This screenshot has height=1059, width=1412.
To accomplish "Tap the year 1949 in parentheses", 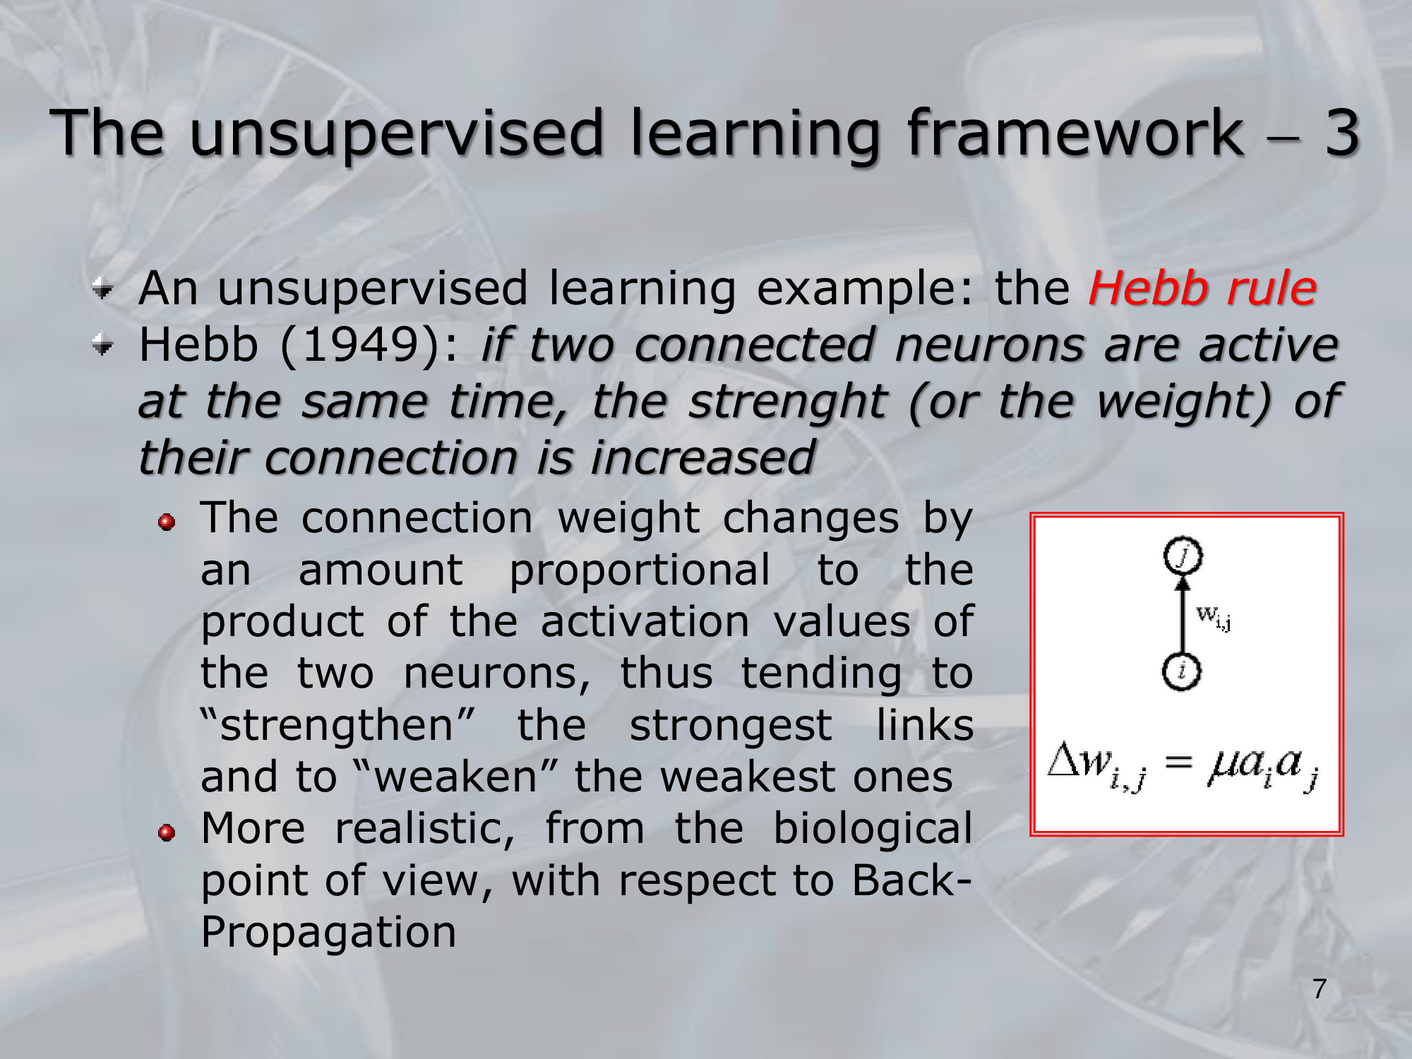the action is pyautogui.click(x=361, y=345).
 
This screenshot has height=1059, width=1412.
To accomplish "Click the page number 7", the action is pyautogui.click(x=1320, y=989).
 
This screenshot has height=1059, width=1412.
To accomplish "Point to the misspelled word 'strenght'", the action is pyautogui.click(x=787, y=402).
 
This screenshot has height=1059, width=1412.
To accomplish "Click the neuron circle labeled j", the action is pyautogui.click(x=1183, y=556).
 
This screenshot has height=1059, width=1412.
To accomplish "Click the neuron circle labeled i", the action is pyautogui.click(x=1182, y=671).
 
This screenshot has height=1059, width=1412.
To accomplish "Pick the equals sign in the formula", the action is pyautogui.click(x=1178, y=762).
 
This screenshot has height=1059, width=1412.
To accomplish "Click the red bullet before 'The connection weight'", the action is pyautogui.click(x=167, y=522).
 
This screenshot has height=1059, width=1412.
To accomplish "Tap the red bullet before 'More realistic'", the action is pyautogui.click(x=167, y=832).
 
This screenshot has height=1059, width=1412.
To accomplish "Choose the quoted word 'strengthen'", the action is pyautogui.click(x=337, y=726).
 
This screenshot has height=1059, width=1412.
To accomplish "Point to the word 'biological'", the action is pyautogui.click(x=873, y=830).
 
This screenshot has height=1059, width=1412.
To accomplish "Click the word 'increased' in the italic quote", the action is pyautogui.click(x=703, y=458).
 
